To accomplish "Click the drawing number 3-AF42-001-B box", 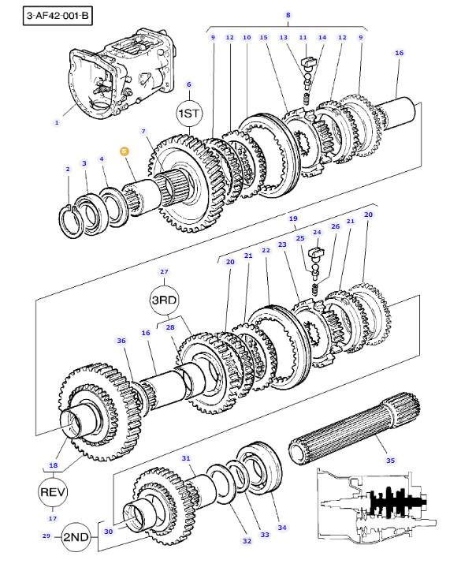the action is click(x=58, y=16).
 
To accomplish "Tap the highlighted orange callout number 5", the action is click(x=125, y=151).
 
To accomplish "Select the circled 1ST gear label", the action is click(x=189, y=114).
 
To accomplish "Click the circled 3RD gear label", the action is click(x=164, y=300).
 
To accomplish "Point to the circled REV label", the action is click(x=52, y=492).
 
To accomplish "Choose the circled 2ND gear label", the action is click(x=76, y=537).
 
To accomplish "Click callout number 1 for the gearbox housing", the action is click(x=57, y=123).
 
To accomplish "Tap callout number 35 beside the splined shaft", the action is click(x=390, y=461).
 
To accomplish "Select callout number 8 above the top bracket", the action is click(x=288, y=15).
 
